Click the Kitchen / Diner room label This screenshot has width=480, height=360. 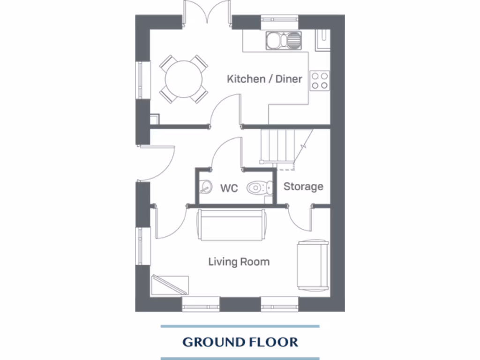[264, 79]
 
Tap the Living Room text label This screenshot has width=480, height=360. [239, 262]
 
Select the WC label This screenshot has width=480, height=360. [229, 188]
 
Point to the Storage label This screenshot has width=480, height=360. [303, 187]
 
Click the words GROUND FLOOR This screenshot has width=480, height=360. [240, 342]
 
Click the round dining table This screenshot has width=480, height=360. [183, 79]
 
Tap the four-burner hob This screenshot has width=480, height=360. [320, 80]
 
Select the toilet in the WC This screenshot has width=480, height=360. [260, 188]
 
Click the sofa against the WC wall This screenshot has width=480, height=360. [232, 225]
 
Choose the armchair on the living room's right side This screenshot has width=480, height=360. [313, 265]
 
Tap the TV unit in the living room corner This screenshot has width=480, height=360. [170, 285]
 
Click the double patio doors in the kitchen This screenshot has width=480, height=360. [207, 14]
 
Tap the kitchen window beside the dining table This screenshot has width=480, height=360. [140, 80]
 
